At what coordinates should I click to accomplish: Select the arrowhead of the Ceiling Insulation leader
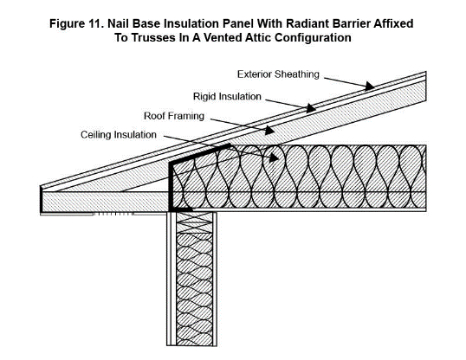(277, 158)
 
